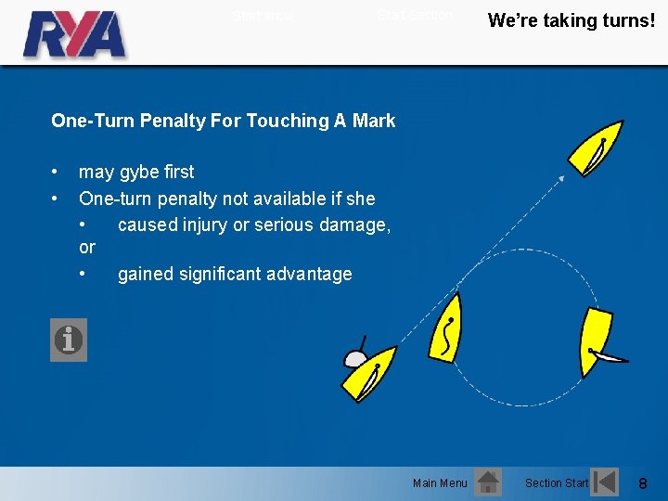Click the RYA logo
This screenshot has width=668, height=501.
point(74,34)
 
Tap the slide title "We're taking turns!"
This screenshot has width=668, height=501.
point(571,20)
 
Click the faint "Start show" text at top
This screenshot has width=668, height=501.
point(263,16)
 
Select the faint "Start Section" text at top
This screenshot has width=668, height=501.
point(415,15)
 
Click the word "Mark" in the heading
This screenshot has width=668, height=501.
point(373,121)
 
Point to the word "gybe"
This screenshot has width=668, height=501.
point(137,173)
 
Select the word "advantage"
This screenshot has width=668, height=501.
point(307,274)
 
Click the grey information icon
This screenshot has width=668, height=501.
point(69,340)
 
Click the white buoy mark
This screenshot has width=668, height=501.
point(355,359)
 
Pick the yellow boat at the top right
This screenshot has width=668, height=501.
point(596,148)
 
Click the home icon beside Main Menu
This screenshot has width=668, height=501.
point(487,482)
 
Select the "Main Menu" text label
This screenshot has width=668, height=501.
point(440,483)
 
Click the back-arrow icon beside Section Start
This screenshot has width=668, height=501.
point(605,482)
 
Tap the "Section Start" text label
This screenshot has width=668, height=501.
point(557,483)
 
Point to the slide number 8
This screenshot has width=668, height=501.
point(643,483)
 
